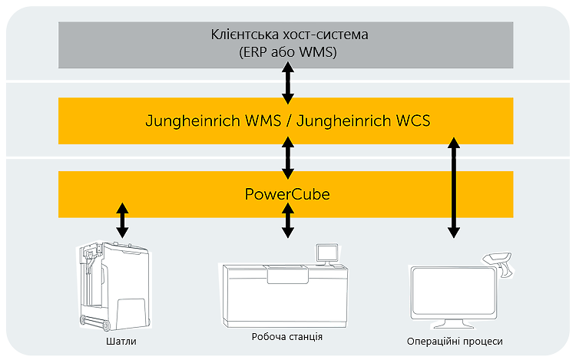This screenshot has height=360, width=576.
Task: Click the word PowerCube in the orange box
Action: pos(286,194)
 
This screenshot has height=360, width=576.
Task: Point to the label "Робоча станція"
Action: pos(286,337)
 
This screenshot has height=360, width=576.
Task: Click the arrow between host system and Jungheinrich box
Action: pos(287,83)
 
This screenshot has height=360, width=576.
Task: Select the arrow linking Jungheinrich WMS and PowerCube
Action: pos(287,157)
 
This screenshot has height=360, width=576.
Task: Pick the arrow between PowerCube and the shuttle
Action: pos(121,221)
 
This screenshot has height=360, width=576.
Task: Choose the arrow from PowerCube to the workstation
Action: pos(287,221)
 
